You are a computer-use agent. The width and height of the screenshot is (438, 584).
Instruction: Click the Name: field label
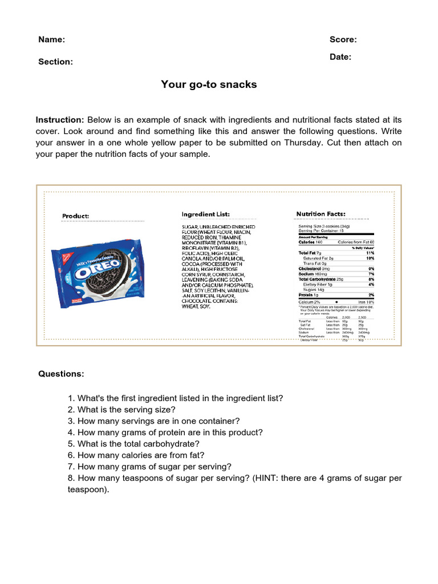51,39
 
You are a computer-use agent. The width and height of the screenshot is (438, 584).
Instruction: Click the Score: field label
343,39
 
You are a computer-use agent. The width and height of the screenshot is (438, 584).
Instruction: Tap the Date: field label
340,56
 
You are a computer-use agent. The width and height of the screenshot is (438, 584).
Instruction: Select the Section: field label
55,62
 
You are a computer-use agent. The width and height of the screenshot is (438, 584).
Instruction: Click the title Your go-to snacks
209,84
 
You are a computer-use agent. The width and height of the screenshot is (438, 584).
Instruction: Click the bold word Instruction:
60,120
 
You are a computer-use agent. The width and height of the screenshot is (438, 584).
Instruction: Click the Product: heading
76,216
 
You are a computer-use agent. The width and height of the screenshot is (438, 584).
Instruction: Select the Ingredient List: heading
205,214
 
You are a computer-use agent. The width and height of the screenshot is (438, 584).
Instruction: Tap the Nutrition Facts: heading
321,214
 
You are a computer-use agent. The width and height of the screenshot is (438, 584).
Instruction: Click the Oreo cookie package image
99,270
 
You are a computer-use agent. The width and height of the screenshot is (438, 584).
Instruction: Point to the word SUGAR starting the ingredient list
189,226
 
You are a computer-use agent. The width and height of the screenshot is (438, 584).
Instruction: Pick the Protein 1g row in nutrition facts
309,294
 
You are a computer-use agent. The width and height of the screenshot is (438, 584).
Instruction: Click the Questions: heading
61,374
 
